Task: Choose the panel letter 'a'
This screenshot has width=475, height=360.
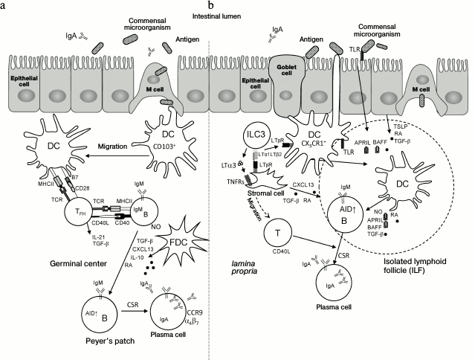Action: pos(4,4)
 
